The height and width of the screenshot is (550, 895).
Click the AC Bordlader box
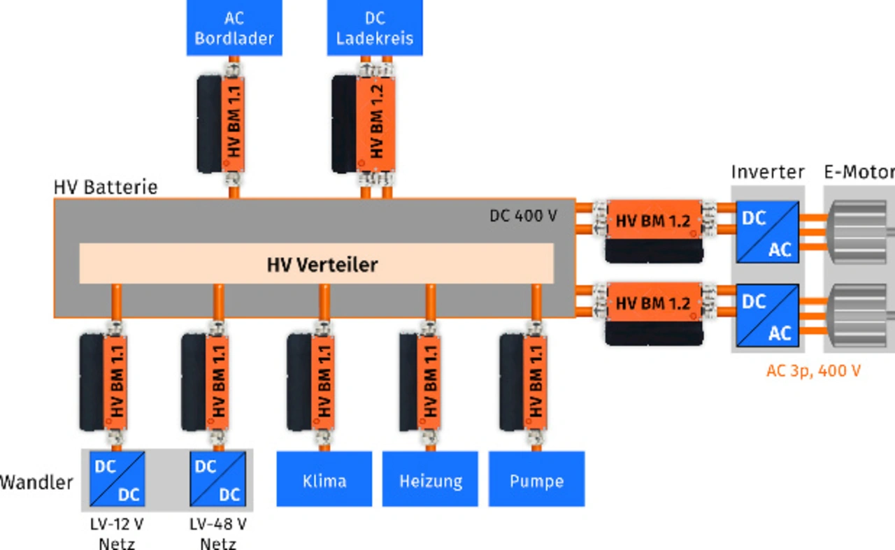[x=234, y=28]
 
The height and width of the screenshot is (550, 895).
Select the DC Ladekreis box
[x=375, y=28]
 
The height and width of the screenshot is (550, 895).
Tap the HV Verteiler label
[x=322, y=265]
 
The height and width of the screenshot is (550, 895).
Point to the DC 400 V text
[x=523, y=215]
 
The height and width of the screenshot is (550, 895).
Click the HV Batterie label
[x=106, y=187]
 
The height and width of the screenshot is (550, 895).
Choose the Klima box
[x=324, y=480]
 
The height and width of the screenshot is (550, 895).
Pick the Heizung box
[x=430, y=480]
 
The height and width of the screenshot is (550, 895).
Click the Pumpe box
[x=536, y=480]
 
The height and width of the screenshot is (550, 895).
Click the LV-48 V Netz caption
[x=217, y=533]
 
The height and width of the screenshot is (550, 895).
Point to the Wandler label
[x=36, y=482]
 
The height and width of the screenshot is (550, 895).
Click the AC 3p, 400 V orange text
[x=813, y=371]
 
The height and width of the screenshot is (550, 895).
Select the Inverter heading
[x=768, y=172]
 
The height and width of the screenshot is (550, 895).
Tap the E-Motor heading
[x=859, y=172]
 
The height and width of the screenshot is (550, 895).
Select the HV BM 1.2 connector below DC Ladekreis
[x=375, y=123]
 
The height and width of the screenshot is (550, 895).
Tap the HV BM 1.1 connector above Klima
[x=323, y=382]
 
